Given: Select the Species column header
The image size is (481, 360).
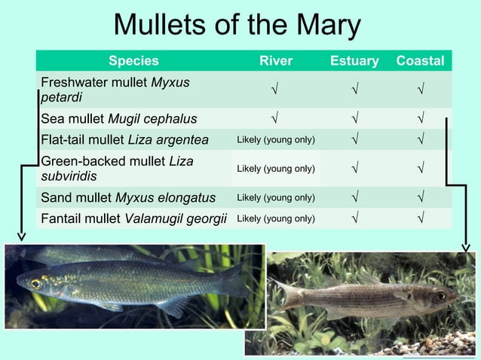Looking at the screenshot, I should coord(133,61).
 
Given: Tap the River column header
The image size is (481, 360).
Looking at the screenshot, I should coord(275,61).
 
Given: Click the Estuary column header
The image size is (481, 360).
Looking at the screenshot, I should coord(354,61).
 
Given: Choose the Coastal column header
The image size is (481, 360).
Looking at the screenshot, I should coord(420,61).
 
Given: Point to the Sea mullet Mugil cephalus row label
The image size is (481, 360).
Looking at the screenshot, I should coord(119,118).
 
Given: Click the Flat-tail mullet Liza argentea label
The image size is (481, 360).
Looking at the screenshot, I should coord(124,139).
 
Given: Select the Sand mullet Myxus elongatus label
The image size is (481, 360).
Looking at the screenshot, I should coord(128,198).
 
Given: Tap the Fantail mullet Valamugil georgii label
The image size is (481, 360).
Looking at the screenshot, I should coord(134,218).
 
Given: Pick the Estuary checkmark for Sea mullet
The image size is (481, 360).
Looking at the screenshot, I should coord(354,118).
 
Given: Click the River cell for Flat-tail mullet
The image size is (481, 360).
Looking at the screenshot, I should coord(276,140).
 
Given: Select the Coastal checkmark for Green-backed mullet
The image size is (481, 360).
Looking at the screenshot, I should coord(420,169).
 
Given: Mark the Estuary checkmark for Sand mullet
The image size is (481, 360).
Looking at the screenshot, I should coord(354,198).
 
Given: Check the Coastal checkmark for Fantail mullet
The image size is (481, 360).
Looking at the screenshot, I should coord(420,218).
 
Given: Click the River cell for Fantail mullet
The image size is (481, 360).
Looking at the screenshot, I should coord(276,219).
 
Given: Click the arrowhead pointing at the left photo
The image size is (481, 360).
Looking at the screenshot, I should coord(22,236).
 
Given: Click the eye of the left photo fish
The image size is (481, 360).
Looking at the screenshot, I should coord(35,284).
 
